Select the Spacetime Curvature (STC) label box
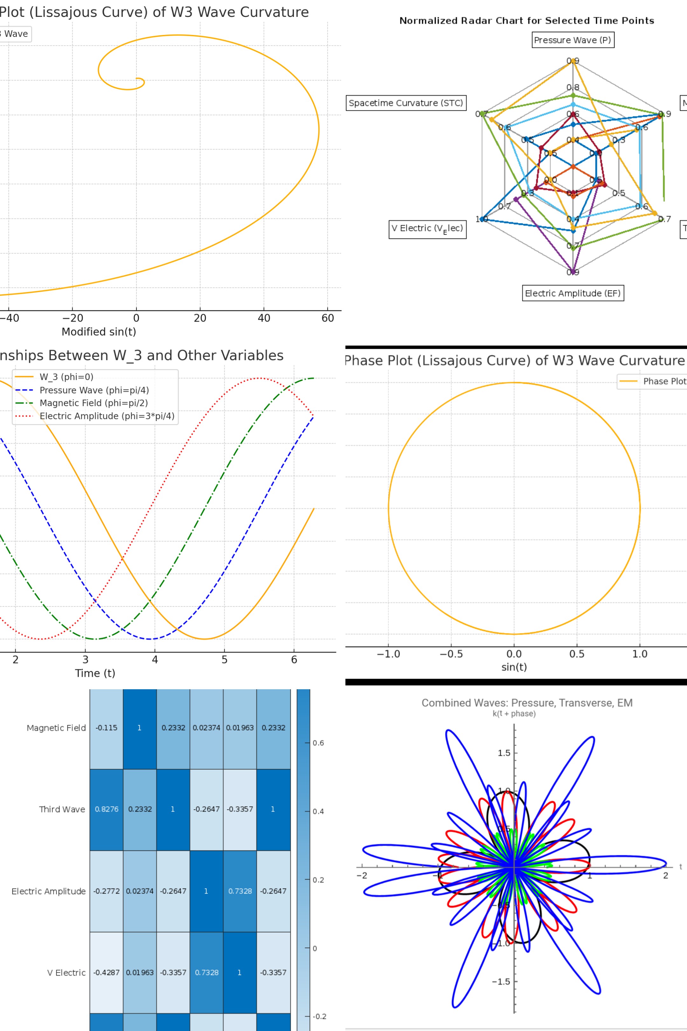point(406,103)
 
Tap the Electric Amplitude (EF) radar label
point(572,293)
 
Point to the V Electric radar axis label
point(427,229)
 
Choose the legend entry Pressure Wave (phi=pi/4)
point(94,390)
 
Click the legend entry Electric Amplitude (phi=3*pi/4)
point(107,416)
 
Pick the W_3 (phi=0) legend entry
point(66,377)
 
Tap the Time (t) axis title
point(95,673)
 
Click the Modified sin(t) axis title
point(99,332)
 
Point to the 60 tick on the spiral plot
point(328,318)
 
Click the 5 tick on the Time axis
point(224,660)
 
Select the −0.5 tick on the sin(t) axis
point(451,654)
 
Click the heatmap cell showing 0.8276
point(107,809)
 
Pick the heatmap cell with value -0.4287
point(107,972)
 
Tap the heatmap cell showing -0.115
point(107,728)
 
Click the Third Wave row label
point(62,809)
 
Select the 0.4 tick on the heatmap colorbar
point(318,811)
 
